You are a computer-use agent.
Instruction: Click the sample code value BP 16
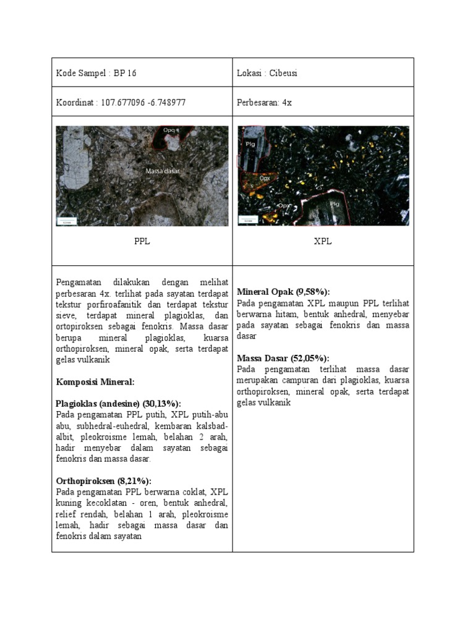pyautogui.click(x=125, y=74)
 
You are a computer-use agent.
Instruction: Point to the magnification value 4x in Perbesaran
pyautogui.click(x=286, y=103)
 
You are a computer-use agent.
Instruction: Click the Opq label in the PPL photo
pyautogui.click(x=169, y=130)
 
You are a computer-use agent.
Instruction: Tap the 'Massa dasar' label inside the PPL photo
pyautogui.click(x=163, y=171)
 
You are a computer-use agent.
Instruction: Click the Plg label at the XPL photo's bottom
pyautogui.click(x=334, y=203)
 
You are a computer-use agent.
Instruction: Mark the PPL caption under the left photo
pyautogui.click(x=142, y=242)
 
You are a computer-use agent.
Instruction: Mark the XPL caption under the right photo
pyautogui.click(x=323, y=242)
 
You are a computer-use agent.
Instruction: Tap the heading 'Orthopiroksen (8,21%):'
pyautogui.click(x=103, y=481)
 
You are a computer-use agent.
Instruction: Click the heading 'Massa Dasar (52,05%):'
pyautogui.click(x=283, y=358)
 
